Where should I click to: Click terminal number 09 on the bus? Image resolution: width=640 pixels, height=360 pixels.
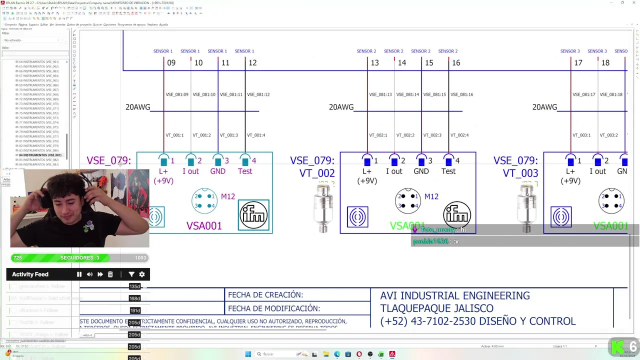coord(171,63)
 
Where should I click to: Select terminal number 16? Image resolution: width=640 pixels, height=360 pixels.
coord(455,63)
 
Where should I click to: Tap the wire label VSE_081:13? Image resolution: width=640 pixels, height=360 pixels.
coord(380,94)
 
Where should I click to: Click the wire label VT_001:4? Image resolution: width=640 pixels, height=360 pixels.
coord(256,135)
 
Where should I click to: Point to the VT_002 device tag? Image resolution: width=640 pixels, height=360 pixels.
coord(317,173)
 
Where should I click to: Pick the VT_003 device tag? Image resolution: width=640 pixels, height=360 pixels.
coord(520,173)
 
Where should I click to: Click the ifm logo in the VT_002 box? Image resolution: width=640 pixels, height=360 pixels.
coord(456,214)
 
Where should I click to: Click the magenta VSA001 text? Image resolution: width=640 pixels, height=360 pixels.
coord(204,226)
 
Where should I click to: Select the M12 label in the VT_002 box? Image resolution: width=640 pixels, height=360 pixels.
coord(431,196)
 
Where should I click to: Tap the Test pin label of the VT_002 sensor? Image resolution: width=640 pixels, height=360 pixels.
coord(448,171)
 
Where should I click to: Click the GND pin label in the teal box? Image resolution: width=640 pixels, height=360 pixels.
coord(217,171)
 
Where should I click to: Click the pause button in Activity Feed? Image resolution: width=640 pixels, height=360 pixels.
coord(79,274)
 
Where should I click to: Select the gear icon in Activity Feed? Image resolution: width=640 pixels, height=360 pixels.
coord(142,274)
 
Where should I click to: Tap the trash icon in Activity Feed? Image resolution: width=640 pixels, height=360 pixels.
coord(110,274)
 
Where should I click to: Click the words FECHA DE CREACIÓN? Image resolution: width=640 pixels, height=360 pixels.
coord(265,295)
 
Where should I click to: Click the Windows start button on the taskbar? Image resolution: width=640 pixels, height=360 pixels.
coord(248,354)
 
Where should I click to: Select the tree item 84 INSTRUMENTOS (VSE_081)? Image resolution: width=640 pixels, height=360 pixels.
coord(40,155)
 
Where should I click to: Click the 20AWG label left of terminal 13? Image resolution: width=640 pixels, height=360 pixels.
coord(341,107)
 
